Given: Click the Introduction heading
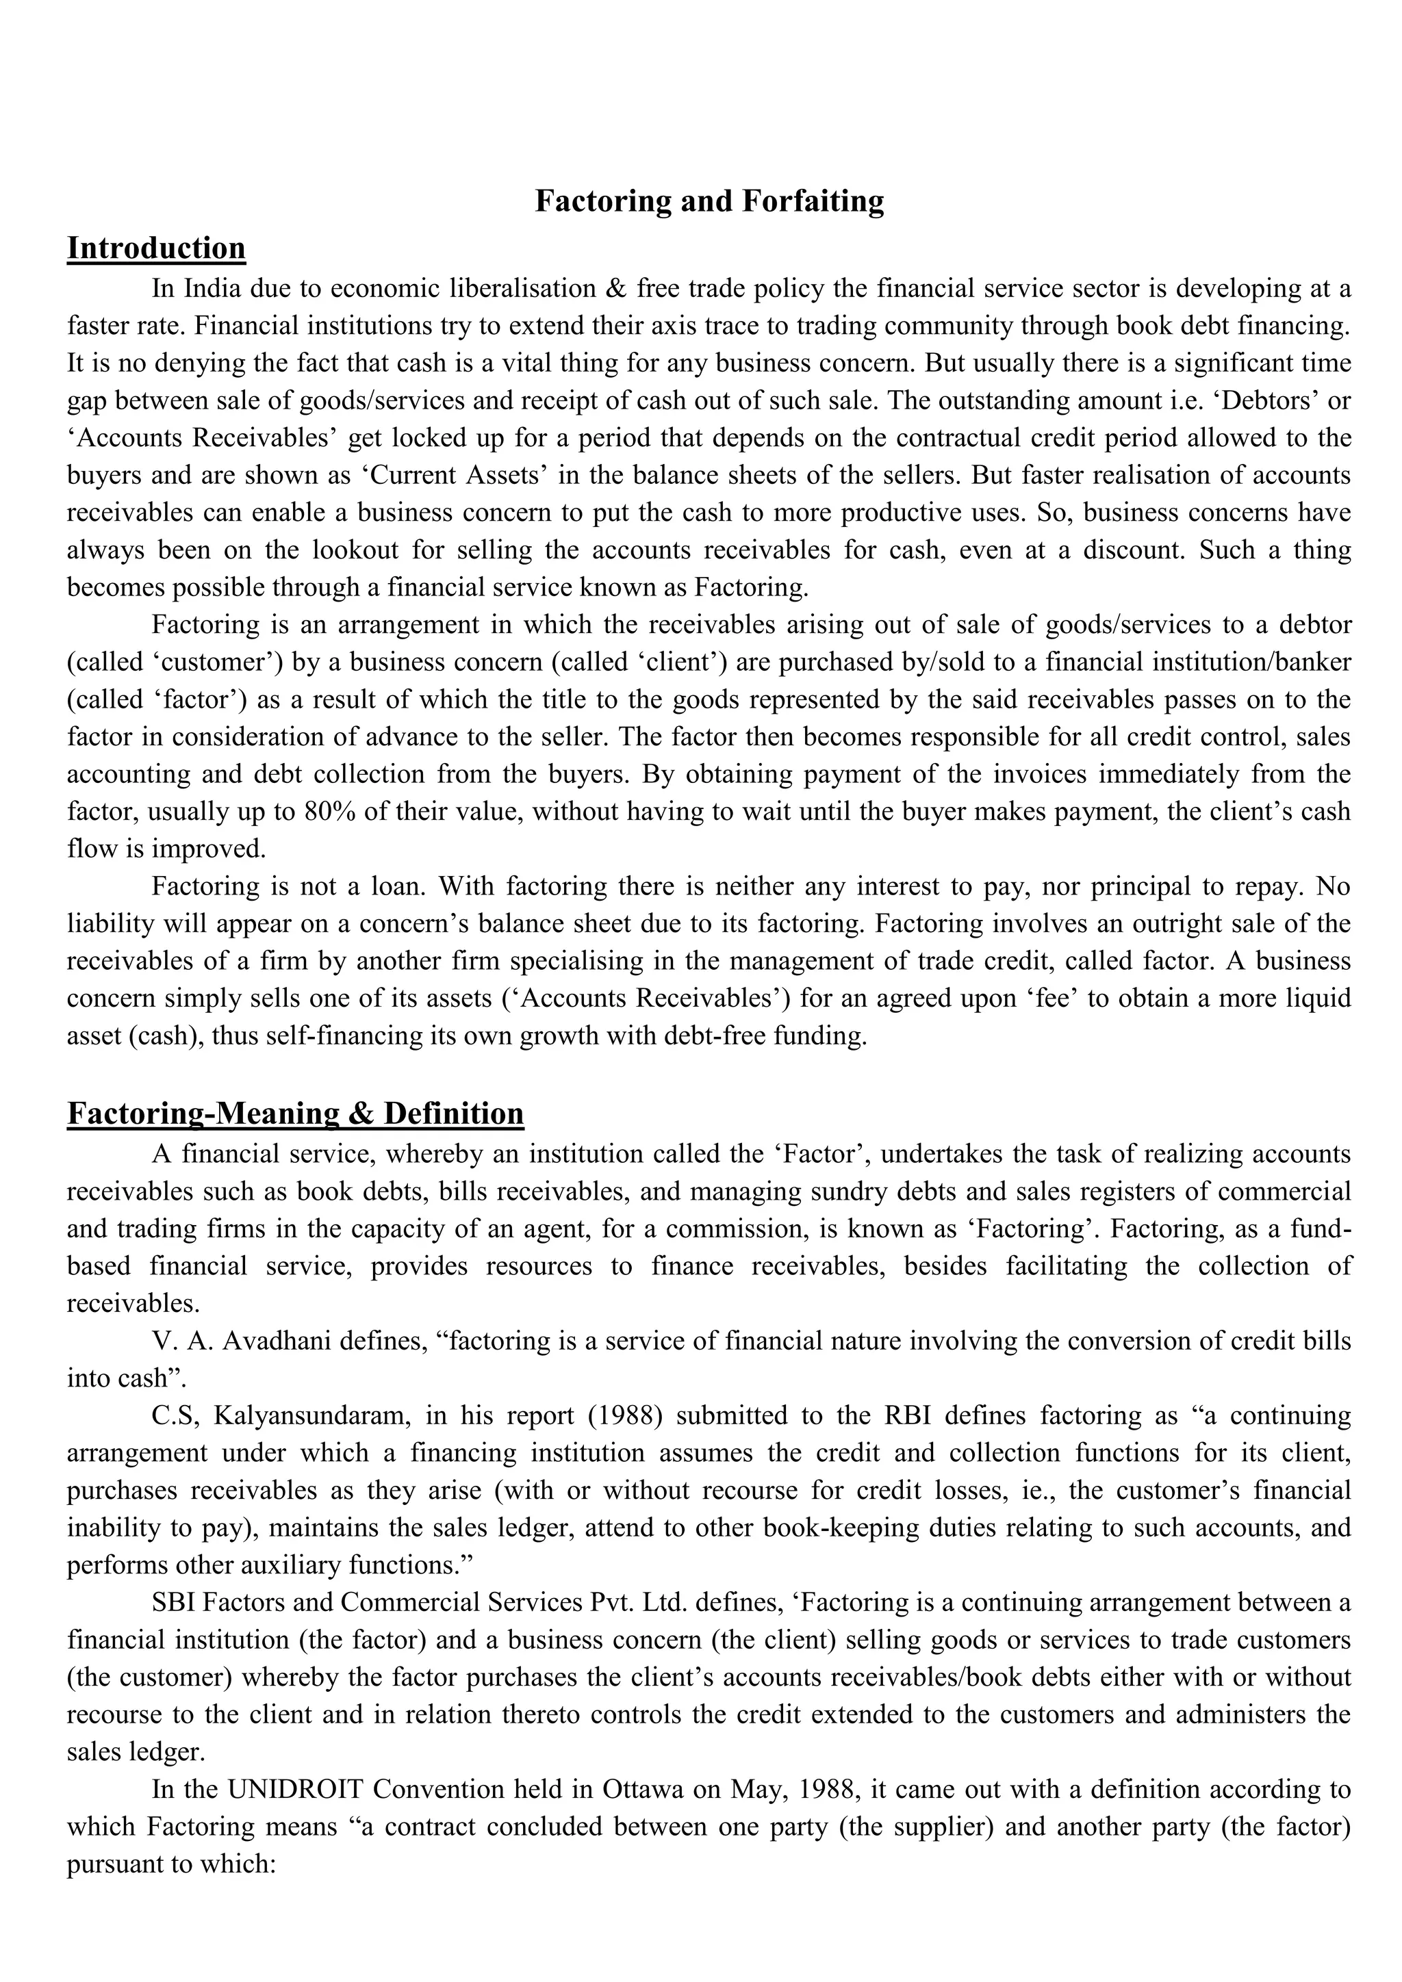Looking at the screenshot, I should (x=156, y=248).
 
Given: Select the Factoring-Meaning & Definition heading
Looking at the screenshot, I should (x=295, y=1114).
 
